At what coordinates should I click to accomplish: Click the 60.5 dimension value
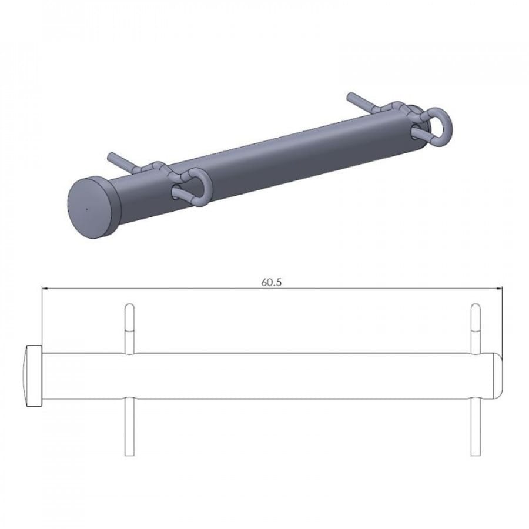271,282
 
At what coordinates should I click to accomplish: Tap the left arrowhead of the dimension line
44,289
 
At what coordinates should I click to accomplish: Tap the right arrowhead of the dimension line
499,289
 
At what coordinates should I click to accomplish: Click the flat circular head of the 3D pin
92,208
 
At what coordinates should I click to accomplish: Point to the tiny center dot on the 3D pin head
86,209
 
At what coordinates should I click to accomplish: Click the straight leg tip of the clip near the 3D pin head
111,156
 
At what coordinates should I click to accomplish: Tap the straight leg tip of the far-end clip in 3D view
350,95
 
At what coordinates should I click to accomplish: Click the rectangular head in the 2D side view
34,376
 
